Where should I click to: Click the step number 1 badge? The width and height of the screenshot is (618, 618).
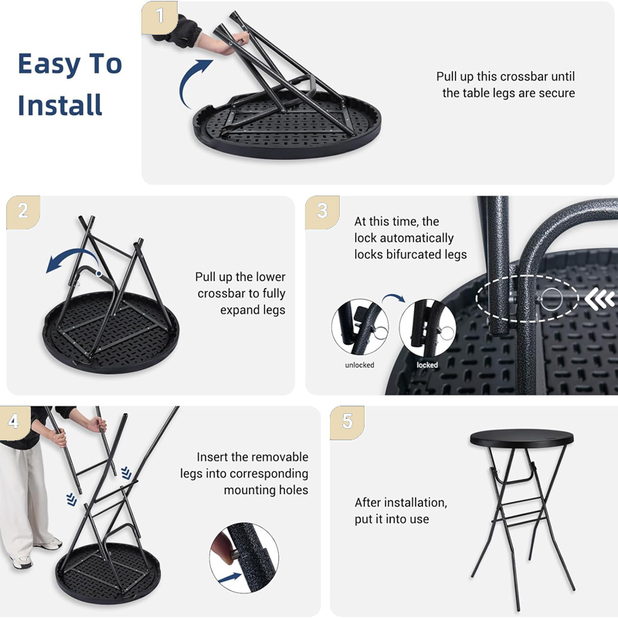pyautogui.click(x=159, y=16)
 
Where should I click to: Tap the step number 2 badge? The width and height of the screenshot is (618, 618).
pyautogui.click(x=23, y=212)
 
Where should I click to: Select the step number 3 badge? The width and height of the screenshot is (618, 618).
pyautogui.click(x=322, y=212)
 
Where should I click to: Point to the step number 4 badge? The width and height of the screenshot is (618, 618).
pyautogui.click(x=14, y=422)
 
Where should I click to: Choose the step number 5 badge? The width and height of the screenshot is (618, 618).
pyautogui.click(x=347, y=422)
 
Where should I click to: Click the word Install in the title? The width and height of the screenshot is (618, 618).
pyautogui.click(x=60, y=105)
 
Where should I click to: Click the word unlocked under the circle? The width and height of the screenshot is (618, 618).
pyautogui.click(x=359, y=365)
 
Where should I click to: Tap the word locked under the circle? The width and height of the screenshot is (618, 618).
pyautogui.click(x=427, y=365)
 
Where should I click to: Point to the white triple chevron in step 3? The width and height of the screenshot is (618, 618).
pyautogui.click(x=599, y=299)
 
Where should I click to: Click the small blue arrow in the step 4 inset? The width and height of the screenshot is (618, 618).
pyautogui.click(x=229, y=578)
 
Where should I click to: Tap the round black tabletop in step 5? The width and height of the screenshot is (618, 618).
pyautogui.click(x=522, y=438)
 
